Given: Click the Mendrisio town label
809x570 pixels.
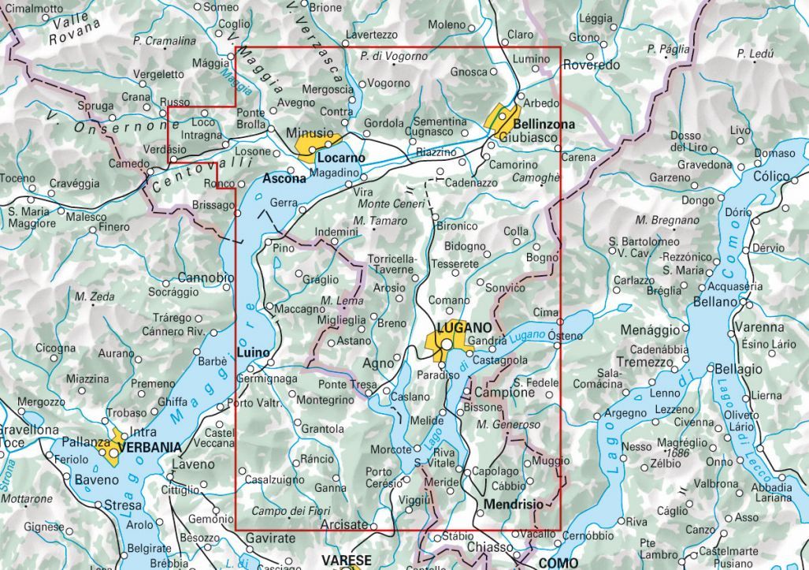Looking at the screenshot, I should click(x=514, y=503).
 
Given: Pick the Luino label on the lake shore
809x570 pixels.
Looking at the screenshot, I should click(x=254, y=352).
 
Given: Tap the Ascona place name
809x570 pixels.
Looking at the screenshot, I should click(x=284, y=178).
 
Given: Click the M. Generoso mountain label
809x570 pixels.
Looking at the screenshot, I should click(x=508, y=425).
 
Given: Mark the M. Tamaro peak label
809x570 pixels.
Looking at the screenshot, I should click(x=380, y=221).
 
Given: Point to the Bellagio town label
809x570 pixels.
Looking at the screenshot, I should click(x=739, y=369).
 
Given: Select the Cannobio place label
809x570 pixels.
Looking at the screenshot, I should click(x=206, y=278).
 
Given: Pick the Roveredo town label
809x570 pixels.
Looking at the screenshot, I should click(x=592, y=65).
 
